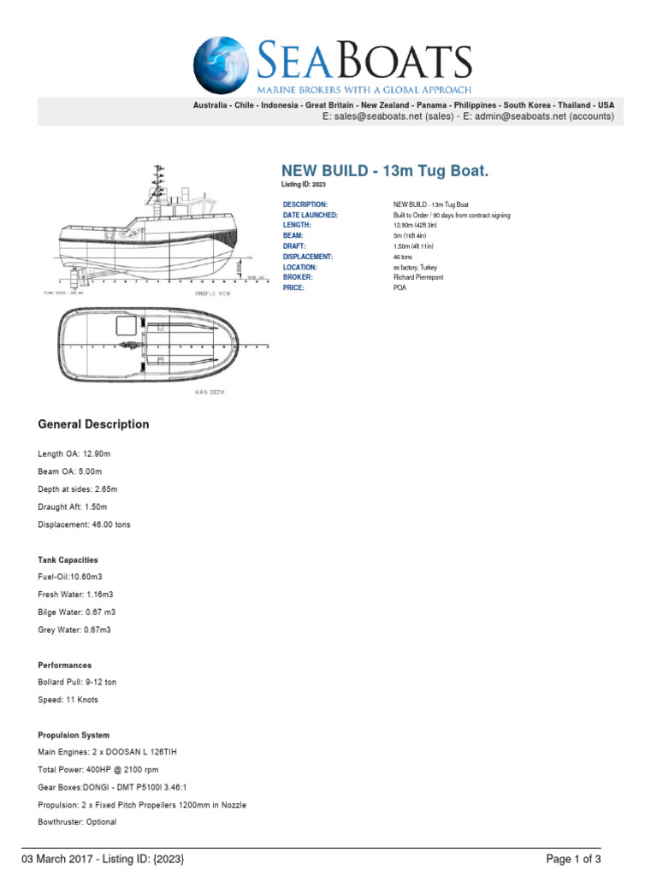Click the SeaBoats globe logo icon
tap(223, 66)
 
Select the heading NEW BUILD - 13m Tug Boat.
tap(385, 171)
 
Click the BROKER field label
tap(299, 277)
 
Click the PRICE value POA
tap(400, 288)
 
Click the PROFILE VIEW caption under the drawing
tap(213, 293)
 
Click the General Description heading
tap(93, 424)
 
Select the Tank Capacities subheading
tap(68, 559)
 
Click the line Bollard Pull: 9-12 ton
tap(78, 683)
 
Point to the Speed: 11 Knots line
tap(68, 700)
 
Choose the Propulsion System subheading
tap(74, 735)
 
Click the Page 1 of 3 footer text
tap(578, 858)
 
